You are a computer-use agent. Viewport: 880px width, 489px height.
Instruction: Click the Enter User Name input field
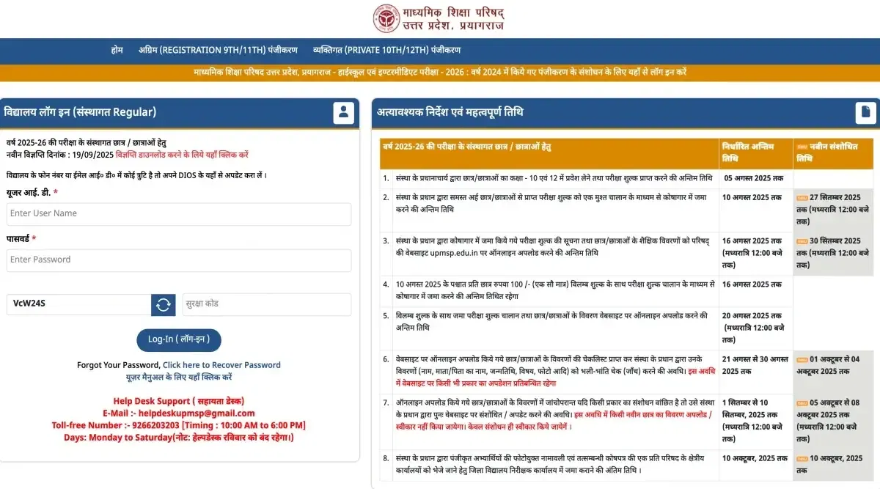point(179,214)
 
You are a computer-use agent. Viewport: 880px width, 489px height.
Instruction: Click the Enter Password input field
point(179,260)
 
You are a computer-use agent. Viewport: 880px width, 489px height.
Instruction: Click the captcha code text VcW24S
point(29,304)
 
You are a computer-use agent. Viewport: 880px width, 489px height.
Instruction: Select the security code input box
point(266,304)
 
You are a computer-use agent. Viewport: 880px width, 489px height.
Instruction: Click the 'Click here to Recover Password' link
point(221,365)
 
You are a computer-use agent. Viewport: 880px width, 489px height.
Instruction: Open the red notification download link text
point(182,155)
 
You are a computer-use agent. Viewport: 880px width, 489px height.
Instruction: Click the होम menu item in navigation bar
point(117,50)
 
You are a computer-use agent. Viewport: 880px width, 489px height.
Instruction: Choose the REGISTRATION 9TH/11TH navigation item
point(218,50)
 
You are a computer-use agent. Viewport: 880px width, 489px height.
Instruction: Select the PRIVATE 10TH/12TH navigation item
point(386,50)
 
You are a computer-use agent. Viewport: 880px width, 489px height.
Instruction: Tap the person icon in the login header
point(343,112)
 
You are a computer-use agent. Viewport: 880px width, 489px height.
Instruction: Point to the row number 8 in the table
point(386,458)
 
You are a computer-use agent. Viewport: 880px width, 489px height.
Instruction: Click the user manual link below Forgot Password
point(179,377)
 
